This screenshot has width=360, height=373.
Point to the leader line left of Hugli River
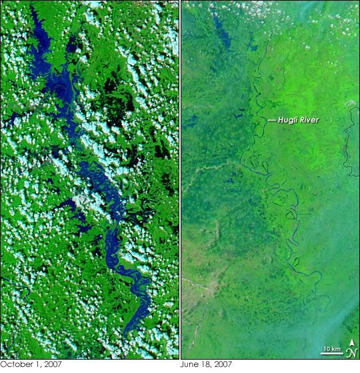point(271,121)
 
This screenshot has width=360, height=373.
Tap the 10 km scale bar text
point(331,349)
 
